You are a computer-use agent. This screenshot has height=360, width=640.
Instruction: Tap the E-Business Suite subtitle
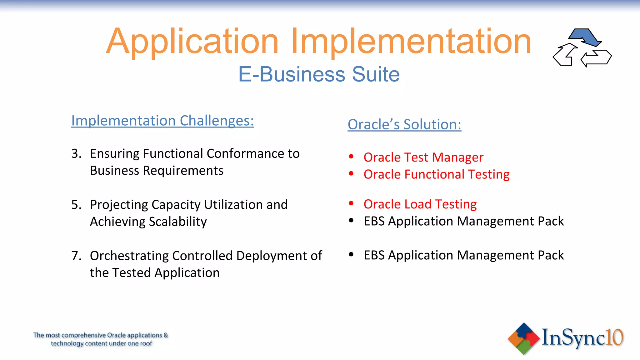(x=319, y=74)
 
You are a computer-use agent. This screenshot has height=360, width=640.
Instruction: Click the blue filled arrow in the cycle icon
(x=585, y=37)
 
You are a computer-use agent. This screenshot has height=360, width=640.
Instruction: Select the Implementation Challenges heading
(x=162, y=121)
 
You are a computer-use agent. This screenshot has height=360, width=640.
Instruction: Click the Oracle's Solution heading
(x=404, y=124)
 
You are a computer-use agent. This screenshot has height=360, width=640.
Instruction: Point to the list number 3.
(x=76, y=153)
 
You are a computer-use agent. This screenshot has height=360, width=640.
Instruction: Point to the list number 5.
(x=76, y=205)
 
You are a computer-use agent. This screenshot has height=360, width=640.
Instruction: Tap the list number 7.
(x=76, y=256)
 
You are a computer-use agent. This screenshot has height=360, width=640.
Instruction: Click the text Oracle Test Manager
(x=423, y=157)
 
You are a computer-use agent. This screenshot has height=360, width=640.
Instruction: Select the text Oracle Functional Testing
(x=436, y=174)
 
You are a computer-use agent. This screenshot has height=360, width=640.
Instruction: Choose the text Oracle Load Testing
(x=420, y=204)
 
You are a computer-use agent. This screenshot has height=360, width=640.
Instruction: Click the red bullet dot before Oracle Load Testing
(x=351, y=203)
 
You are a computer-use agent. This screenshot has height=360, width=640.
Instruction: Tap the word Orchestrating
(x=129, y=256)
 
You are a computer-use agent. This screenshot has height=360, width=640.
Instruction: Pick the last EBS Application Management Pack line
(x=463, y=255)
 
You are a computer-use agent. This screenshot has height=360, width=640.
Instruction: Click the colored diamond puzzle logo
(x=523, y=338)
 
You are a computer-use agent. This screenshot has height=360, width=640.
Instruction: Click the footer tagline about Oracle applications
(x=101, y=339)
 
